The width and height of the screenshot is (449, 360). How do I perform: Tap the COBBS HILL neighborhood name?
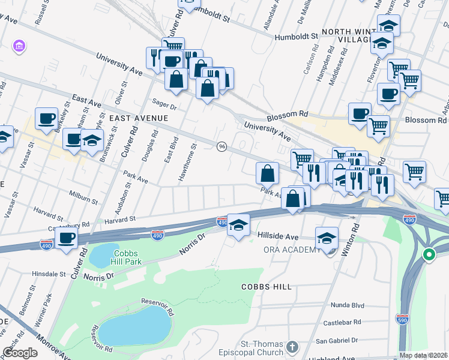pos(266,287)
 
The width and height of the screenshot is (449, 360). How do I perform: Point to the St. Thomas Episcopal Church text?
pos(262,348)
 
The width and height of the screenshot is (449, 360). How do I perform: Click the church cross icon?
pos(292,347)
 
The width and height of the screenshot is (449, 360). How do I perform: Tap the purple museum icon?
pos(19,46)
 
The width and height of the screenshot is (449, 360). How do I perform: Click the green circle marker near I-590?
pos(429,254)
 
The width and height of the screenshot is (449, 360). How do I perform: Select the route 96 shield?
pos(222,147)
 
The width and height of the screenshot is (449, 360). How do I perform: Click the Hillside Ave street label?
pos(278,237)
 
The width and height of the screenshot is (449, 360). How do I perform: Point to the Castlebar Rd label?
pos(342,322)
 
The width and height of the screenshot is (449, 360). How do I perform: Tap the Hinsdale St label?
pos(49,274)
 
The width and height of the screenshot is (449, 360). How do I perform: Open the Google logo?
pos(20,353)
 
